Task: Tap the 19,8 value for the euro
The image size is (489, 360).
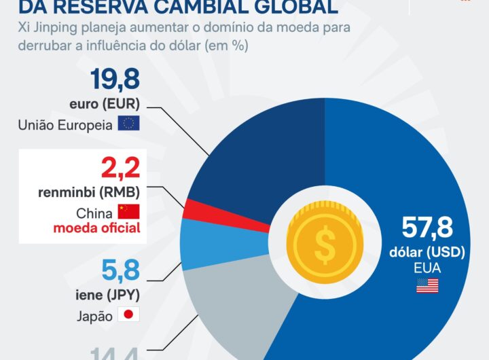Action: [115, 80]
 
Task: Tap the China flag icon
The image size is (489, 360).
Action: [128, 211]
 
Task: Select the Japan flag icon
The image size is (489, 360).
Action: [128, 315]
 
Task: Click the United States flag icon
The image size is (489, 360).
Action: [427, 286]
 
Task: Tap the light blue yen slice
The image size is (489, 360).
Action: [204, 241]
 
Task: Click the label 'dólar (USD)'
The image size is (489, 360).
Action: [427, 252]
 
